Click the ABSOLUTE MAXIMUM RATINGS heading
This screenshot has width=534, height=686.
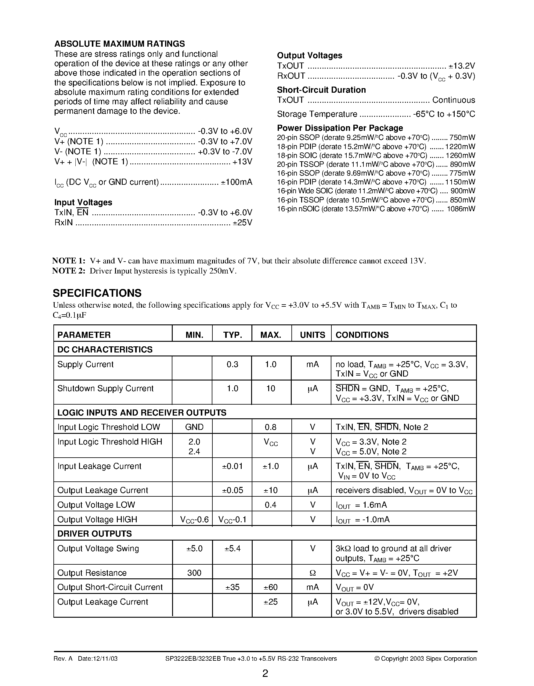[119, 44]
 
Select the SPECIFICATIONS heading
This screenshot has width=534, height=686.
[97, 293]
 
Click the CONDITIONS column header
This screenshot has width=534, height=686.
[362, 335]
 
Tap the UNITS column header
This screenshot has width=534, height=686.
[312, 335]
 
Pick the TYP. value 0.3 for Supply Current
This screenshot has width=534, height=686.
[232, 364]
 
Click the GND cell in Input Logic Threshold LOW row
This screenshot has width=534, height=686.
[194, 427]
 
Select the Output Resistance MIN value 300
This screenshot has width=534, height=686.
[194, 573]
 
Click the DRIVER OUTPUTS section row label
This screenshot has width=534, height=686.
[95, 534]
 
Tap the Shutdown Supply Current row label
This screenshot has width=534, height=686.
[105, 388]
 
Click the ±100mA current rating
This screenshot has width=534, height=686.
[236, 182]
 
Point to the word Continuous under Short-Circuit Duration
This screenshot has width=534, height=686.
[453, 100]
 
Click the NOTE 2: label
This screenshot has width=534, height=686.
[69, 271]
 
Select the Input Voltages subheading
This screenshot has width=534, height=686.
[83, 202]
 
